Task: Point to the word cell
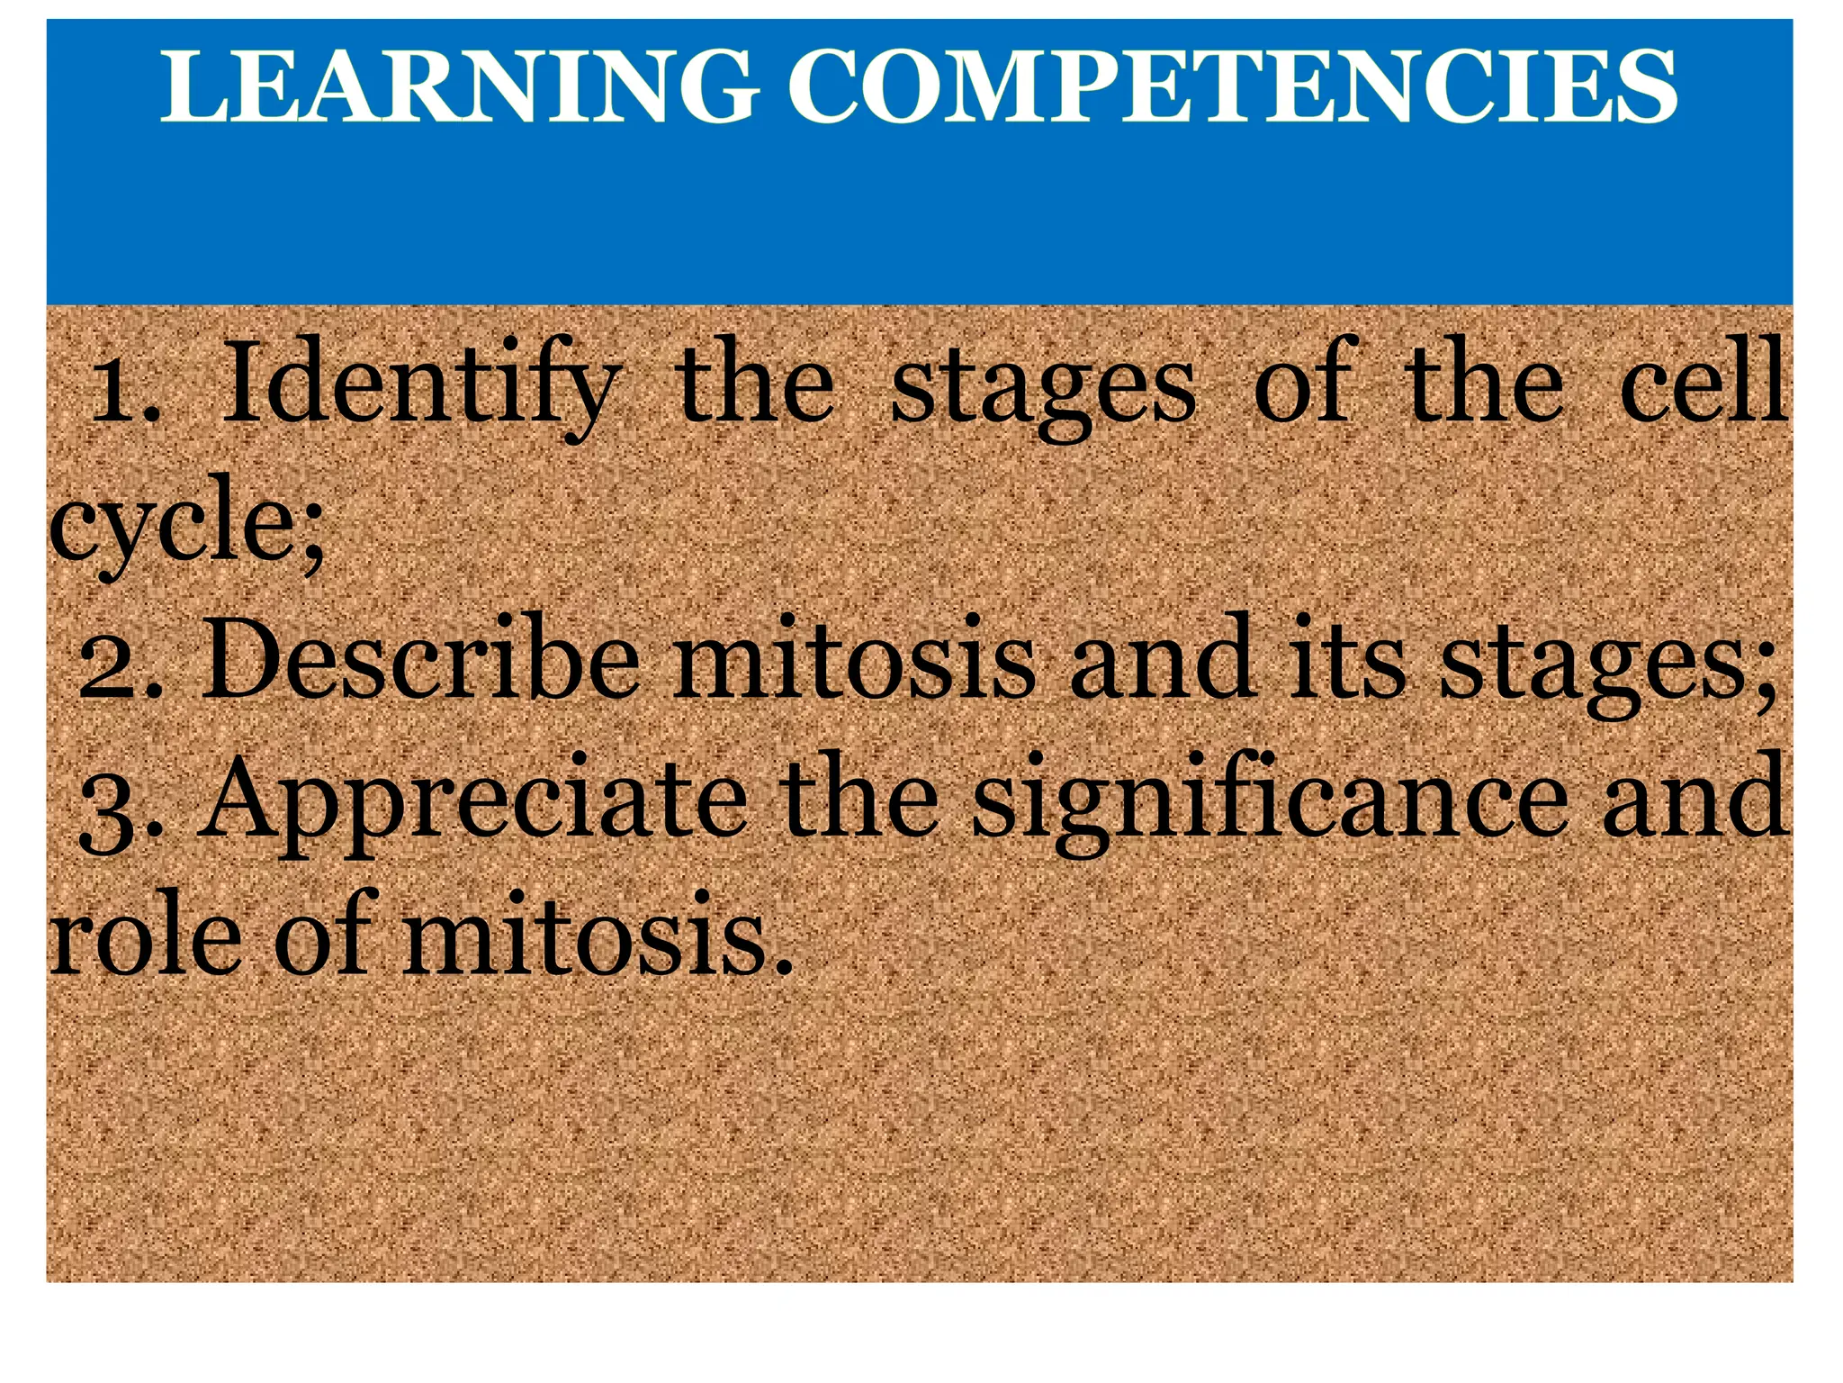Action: [x=1701, y=383]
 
